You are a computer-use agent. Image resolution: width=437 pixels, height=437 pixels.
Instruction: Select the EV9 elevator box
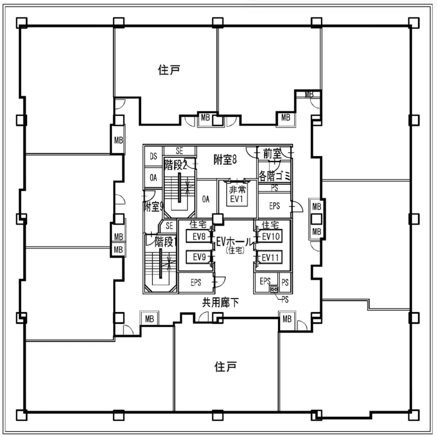pyautogui.click(x=199, y=257)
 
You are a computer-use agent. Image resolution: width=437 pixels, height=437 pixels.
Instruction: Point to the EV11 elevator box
pyautogui.click(x=270, y=257)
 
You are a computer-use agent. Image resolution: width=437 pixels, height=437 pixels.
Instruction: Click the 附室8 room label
pyautogui.click(x=225, y=160)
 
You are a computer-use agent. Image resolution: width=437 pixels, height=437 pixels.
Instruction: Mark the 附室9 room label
pyautogui.click(x=153, y=207)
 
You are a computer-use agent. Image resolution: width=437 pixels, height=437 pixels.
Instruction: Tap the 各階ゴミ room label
pyautogui.click(x=274, y=175)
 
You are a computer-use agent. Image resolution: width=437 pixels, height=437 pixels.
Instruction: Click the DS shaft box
pyautogui.click(x=153, y=157)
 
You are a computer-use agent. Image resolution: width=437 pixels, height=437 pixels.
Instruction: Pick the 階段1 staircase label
pyautogui.click(x=166, y=242)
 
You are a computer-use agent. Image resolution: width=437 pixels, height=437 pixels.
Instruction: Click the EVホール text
pyautogui.click(x=234, y=241)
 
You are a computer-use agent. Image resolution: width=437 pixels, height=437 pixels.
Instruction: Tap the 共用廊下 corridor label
pyautogui.click(x=220, y=303)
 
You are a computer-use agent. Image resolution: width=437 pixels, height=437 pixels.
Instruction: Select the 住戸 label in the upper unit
pyautogui.click(x=169, y=70)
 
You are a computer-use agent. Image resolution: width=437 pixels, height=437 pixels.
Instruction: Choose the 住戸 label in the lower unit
pyautogui.click(x=226, y=367)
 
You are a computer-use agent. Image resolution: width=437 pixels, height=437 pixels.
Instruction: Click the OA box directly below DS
pyautogui.click(x=153, y=178)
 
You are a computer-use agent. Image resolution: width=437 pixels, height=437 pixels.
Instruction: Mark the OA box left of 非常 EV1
pyautogui.click(x=206, y=199)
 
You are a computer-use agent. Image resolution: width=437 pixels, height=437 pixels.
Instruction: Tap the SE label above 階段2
pyautogui.click(x=179, y=151)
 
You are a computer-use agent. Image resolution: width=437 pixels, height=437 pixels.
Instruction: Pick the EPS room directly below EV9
pyautogui.click(x=196, y=283)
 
